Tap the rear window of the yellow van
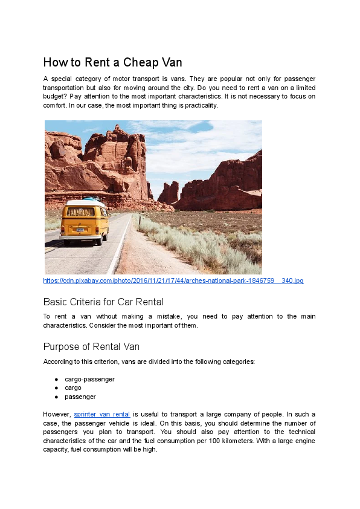pos(81,212)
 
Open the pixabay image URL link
pos(173,281)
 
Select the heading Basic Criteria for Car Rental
pos(103,302)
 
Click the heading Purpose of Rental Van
pos(91,346)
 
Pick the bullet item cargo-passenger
pos(89,379)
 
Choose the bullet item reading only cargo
pos(73,388)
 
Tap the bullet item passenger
pos(80,397)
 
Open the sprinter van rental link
pos(101,415)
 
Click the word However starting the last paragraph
pos(57,415)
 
